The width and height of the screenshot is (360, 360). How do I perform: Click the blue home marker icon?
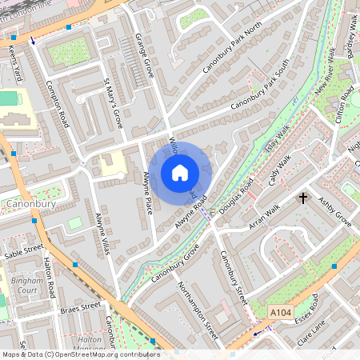click(x=180, y=172)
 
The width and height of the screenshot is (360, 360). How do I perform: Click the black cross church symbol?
click(x=303, y=197)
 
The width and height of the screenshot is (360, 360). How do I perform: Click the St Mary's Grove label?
click(x=114, y=103)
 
